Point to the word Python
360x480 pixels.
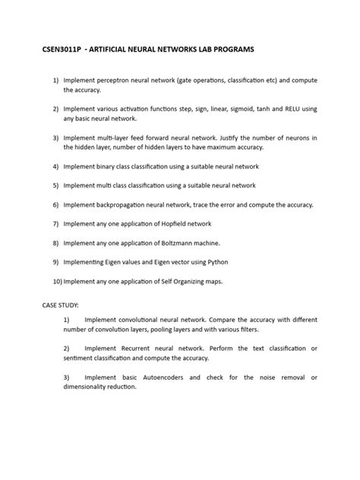click(213, 262)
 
